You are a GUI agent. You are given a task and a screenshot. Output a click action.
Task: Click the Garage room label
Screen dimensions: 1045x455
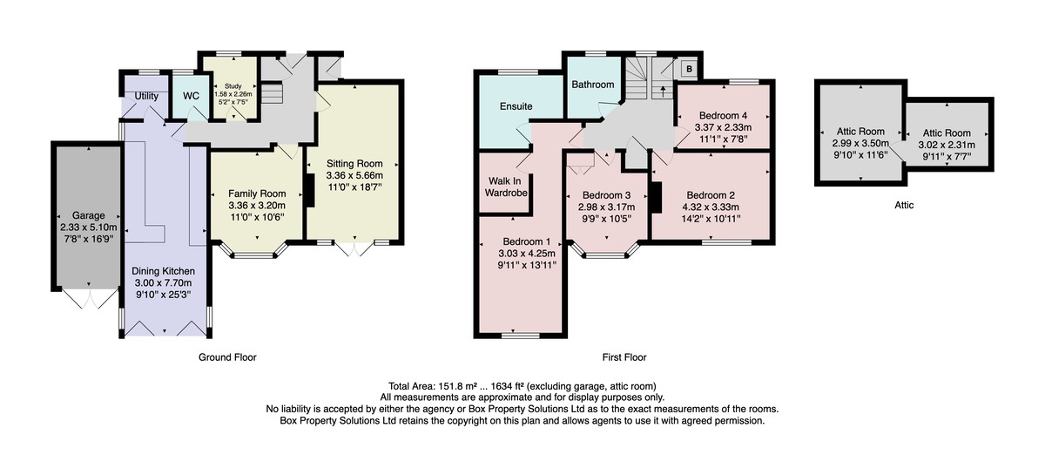pyautogui.click(x=88, y=216)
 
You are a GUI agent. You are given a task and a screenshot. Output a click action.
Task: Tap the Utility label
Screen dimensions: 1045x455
pyautogui.click(x=146, y=96)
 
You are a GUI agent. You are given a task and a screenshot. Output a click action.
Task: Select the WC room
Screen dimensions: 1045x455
pyautogui.click(x=191, y=96)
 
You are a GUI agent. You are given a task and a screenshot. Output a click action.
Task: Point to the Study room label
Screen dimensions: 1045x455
pyautogui.click(x=233, y=86)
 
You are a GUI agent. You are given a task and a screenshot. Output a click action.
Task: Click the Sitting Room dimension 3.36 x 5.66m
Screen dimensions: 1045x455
pyautogui.click(x=354, y=176)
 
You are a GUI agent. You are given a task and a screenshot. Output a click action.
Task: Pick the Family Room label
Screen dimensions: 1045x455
pyautogui.click(x=257, y=194)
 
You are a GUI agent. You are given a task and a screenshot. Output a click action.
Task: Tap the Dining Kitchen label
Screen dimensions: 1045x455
pyautogui.click(x=164, y=271)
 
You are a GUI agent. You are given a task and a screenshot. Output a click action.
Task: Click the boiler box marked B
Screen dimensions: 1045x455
pyautogui.click(x=690, y=69)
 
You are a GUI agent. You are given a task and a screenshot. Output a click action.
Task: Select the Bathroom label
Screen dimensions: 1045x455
pyautogui.click(x=593, y=85)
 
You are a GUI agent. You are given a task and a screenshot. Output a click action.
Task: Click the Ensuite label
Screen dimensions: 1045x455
pyautogui.click(x=516, y=106)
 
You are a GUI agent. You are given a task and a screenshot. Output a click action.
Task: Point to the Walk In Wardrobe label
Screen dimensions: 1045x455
pyautogui.click(x=506, y=187)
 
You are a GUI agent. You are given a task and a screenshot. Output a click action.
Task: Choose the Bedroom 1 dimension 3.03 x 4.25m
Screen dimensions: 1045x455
pyautogui.click(x=527, y=254)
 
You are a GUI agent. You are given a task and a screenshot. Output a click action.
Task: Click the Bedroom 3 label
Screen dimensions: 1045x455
pyautogui.click(x=606, y=195)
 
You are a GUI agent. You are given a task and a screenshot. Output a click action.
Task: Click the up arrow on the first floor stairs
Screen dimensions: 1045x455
pyautogui.click(x=663, y=90)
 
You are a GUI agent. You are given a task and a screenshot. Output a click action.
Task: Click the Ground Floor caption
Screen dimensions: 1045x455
pyautogui.click(x=227, y=357)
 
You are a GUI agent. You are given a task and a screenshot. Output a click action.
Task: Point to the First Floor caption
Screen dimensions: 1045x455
pyautogui.click(x=624, y=357)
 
